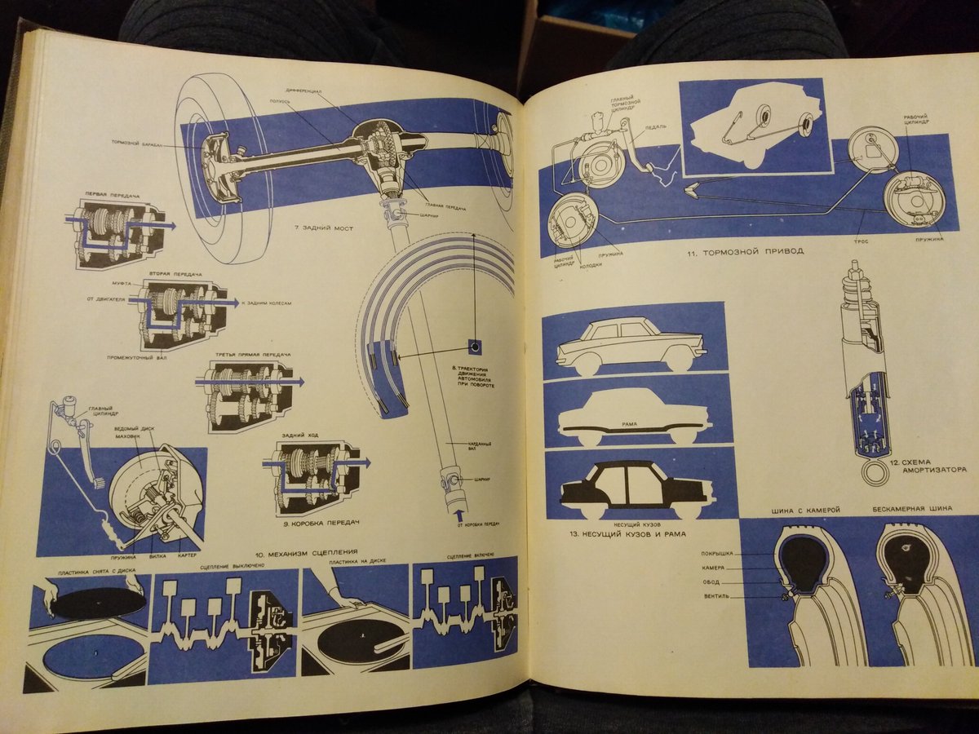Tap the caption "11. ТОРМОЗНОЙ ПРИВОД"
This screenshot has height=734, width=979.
tap(744, 251)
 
